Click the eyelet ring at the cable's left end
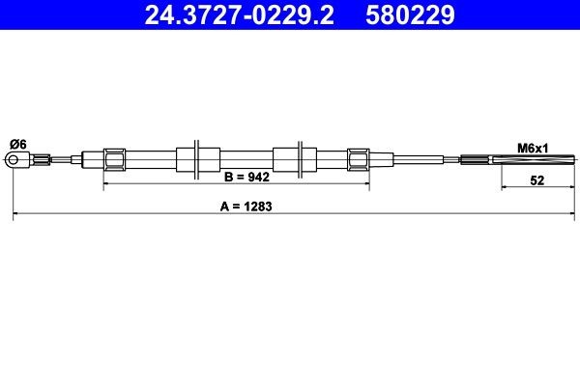tap(17, 160)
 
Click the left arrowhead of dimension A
tap(14, 215)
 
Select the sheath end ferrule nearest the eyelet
tap(113, 159)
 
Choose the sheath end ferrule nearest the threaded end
tap(358, 159)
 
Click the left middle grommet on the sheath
tap(194, 159)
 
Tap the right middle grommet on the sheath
tap(289, 159)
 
